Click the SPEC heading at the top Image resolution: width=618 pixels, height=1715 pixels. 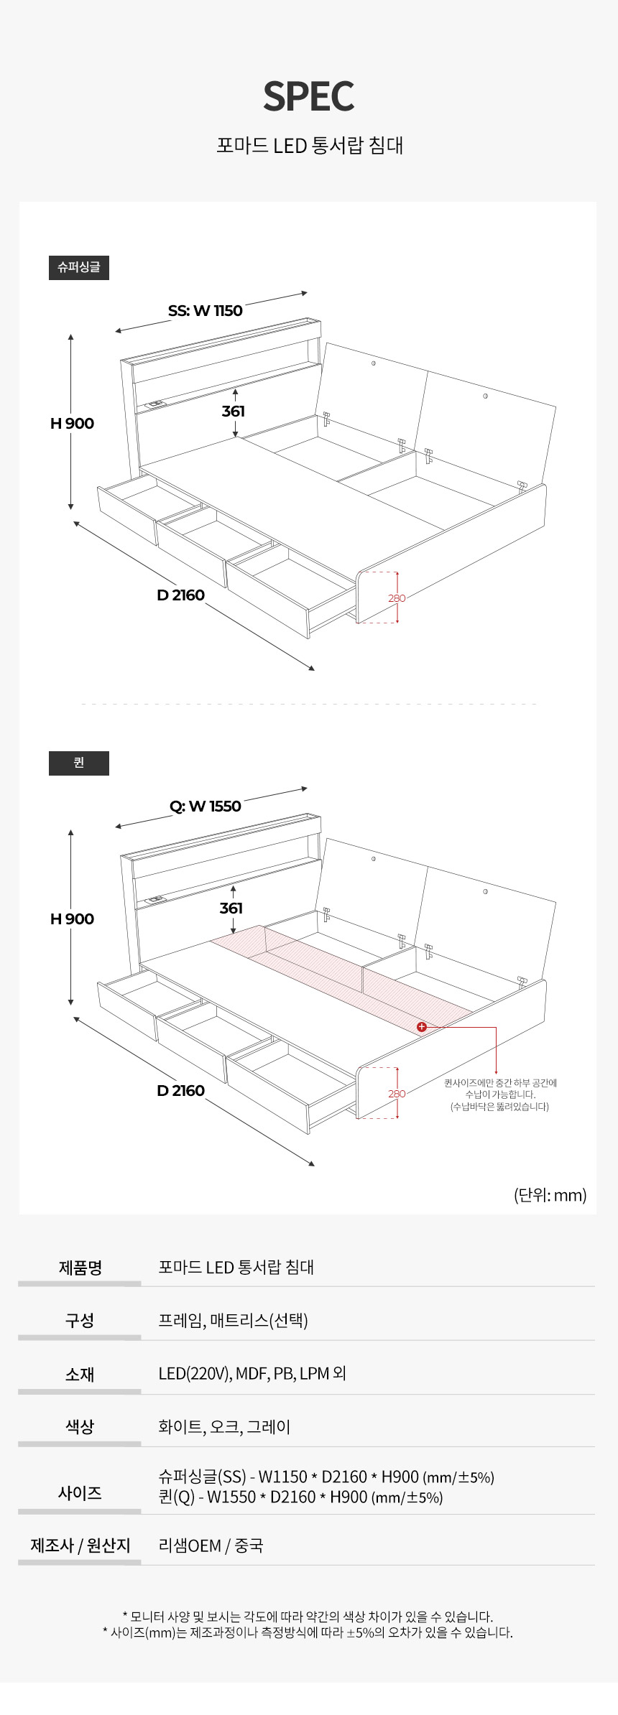(309, 96)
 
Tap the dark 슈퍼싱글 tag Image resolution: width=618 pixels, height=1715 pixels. (79, 267)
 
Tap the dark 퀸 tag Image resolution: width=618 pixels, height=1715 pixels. (79, 763)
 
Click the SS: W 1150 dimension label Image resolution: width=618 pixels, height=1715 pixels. (206, 310)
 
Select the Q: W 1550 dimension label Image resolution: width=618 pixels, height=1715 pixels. (206, 806)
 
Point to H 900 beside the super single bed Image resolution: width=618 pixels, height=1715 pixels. (72, 423)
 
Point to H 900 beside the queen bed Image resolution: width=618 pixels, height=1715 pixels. (72, 919)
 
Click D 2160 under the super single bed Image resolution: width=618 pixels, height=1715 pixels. (180, 595)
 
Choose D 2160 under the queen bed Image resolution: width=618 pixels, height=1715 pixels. (180, 1090)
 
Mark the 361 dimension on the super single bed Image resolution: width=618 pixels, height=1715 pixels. (233, 411)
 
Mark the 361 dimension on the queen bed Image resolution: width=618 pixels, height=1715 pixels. (231, 908)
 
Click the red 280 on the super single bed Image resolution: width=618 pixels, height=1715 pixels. (397, 598)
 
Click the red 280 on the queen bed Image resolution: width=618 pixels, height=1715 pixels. (397, 1093)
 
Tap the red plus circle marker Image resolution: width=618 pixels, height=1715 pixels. (422, 1027)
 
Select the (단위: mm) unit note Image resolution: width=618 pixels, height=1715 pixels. (550, 1195)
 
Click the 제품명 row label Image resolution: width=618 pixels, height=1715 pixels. (80, 1267)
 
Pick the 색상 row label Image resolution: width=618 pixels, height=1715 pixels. (80, 1426)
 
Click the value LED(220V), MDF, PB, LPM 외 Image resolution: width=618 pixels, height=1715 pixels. (252, 1373)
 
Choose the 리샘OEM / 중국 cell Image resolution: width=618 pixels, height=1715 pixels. (211, 1546)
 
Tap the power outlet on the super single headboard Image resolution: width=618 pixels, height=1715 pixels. (156, 405)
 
